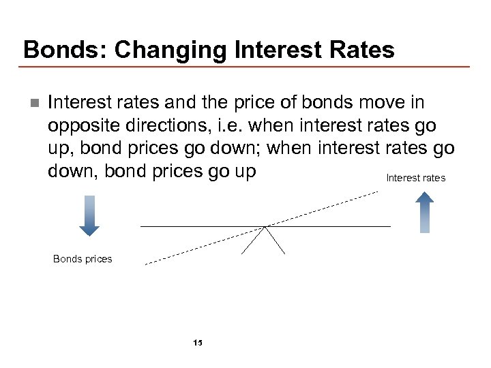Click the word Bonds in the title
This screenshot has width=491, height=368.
(56, 50)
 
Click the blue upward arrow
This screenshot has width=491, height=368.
(425, 212)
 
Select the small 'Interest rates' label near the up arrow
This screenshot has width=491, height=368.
(415, 178)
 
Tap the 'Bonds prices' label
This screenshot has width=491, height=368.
(83, 259)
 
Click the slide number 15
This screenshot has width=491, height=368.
(198, 342)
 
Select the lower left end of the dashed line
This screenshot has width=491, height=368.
(147, 262)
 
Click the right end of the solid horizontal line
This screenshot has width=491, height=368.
(389, 226)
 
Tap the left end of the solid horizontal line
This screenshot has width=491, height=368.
(142, 226)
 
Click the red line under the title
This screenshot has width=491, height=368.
(245, 66)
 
